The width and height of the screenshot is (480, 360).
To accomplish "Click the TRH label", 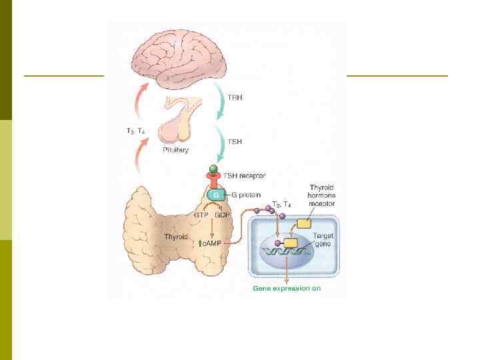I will coord(235,97).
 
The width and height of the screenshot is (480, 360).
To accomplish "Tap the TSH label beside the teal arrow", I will coord(235,141).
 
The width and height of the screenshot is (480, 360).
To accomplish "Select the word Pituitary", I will coord(175,150).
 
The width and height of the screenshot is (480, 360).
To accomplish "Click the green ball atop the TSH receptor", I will coord(213,169).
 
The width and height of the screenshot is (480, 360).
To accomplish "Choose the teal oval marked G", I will coord(215,195).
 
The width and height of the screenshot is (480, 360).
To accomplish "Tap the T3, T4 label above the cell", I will coord(281,203).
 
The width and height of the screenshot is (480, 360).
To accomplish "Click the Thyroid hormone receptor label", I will coord(322,197).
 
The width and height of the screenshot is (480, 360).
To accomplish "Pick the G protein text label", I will coord(248,195).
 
